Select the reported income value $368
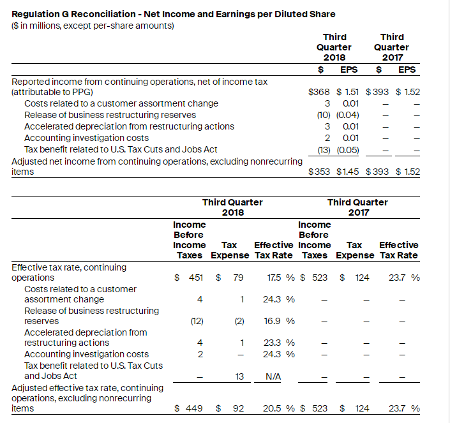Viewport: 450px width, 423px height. pos(319,92)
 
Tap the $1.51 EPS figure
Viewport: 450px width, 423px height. pos(348,92)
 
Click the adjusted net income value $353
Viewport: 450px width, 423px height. pos(319,172)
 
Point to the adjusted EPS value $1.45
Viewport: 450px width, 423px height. pos(348,172)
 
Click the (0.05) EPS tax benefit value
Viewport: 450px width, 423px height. pos(348,149)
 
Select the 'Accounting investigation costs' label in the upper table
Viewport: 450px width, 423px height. pos(86,138)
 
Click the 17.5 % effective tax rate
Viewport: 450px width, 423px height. pos(277,278)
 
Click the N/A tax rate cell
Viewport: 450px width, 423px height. pos(273,376)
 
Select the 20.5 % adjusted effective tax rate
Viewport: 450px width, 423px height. pos(277,408)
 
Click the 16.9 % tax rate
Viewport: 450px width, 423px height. pos(277,321)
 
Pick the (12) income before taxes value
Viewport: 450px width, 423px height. pos(197,321)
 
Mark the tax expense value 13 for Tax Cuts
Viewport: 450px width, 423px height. pos(239,376)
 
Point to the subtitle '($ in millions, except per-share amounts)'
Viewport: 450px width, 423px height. pos(93,25)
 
